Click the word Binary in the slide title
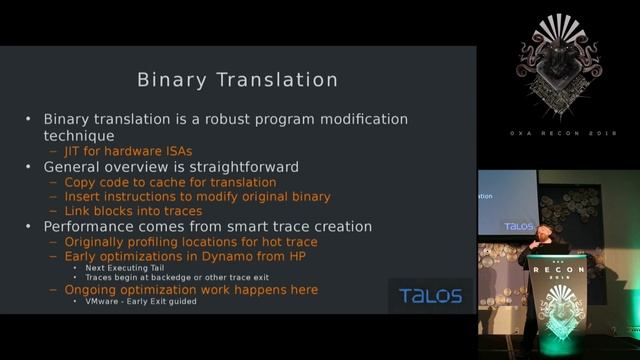(173, 78)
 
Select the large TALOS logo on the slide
(430, 296)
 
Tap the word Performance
(90, 227)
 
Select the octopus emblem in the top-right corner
(559, 71)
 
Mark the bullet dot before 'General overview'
(31, 167)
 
